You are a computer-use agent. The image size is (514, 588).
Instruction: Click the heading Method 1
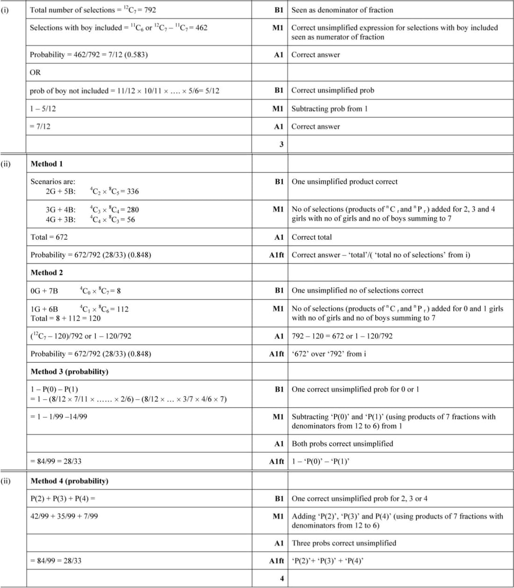pyautogui.click(x=47, y=164)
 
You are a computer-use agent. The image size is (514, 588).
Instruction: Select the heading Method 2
pyautogui.click(x=47, y=272)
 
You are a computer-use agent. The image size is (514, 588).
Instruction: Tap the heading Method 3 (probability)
pyautogui.click(x=69, y=372)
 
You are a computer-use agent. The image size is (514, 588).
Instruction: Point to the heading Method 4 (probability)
pyautogui.click(x=69, y=481)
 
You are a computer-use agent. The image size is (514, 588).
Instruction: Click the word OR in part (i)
pyautogui.click(x=36, y=72)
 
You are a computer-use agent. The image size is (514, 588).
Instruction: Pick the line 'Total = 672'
pyautogui.click(x=49, y=237)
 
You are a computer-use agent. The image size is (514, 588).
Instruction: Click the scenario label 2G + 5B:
pyautogui.click(x=60, y=191)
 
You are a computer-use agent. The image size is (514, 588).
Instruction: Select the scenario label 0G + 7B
pyautogui.click(x=44, y=291)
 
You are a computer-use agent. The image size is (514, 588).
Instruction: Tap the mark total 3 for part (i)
pyautogui.click(x=281, y=144)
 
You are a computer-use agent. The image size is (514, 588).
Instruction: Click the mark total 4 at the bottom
pyautogui.click(x=282, y=579)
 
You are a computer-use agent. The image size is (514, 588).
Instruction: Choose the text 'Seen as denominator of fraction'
pyautogui.click(x=342, y=10)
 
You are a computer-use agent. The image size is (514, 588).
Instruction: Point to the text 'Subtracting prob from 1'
pyautogui.click(x=329, y=109)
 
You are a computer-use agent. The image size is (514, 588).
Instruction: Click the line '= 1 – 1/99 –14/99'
pyautogui.click(x=59, y=416)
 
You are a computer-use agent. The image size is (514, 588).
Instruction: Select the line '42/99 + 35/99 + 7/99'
pyautogui.click(x=64, y=516)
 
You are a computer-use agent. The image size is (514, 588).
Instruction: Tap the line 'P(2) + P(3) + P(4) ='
pyautogui.click(x=63, y=499)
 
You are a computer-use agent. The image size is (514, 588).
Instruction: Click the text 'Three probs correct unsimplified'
pyautogui.click(x=344, y=543)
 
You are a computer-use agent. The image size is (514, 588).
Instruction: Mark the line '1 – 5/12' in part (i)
pyautogui.click(x=43, y=109)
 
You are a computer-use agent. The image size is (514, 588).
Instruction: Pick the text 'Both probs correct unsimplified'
pyautogui.click(x=343, y=444)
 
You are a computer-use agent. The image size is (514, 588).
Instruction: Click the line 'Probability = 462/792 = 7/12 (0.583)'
pyautogui.click(x=89, y=55)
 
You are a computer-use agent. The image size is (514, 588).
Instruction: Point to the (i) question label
pyautogui.click(x=5, y=10)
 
